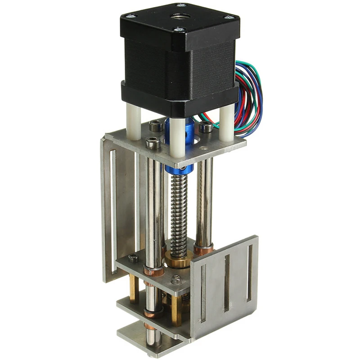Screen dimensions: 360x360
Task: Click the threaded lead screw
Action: pos(179,207)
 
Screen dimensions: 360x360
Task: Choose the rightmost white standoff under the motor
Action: pos(227,121)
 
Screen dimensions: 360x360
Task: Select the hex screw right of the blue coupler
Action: pos(206,127)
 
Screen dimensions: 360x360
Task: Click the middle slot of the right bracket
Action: pos(227,283)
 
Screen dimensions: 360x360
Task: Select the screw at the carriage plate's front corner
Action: pos(175,280)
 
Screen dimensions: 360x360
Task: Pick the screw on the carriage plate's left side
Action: pos(133,258)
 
